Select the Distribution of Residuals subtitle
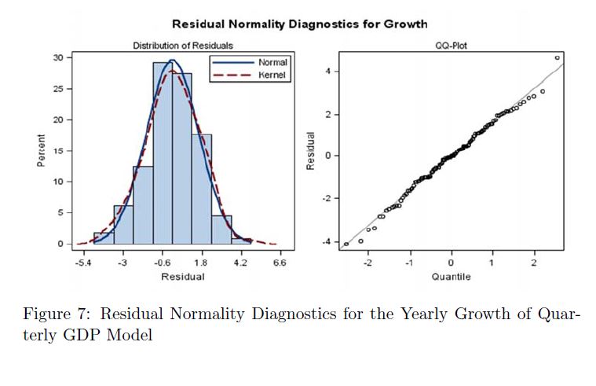(x=182, y=46)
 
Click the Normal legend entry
(x=272, y=62)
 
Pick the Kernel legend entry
(x=272, y=75)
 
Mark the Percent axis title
(x=41, y=150)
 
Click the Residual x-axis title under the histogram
(x=182, y=277)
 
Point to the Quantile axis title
(x=451, y=277)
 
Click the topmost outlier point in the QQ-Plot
(x=557, y=57)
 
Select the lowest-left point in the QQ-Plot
(x=346, y=244)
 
